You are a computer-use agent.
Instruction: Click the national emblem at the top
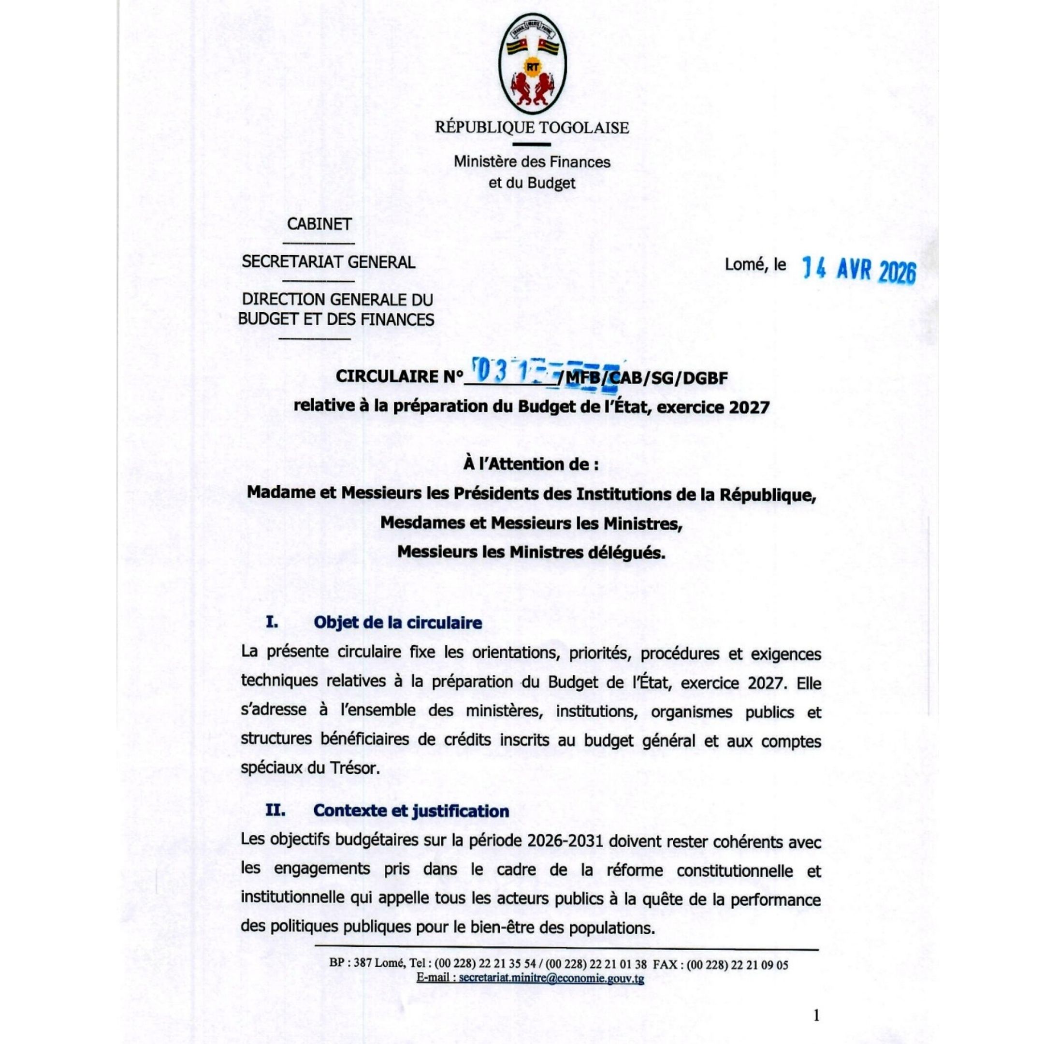[x=532, y=65]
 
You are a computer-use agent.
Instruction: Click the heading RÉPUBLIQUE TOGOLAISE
[x=532, y=128]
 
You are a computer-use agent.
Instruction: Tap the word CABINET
[x=319, y=224]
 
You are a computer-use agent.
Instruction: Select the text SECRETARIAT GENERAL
[x=329, y=262]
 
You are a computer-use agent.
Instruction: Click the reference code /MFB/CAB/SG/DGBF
[x=643, y=377]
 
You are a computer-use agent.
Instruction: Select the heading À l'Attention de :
[x=531, y=464]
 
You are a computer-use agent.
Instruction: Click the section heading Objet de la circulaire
[x=398, y=623]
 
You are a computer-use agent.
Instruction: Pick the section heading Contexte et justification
[x=411, y=811]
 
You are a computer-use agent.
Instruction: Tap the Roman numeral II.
[x=275, y=811]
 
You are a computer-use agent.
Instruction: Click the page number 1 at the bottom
[x=816, y=1015]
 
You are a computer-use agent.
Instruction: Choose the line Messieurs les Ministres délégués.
[x=531, y=552]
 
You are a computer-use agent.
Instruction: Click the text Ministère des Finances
[x=532, y=161]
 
